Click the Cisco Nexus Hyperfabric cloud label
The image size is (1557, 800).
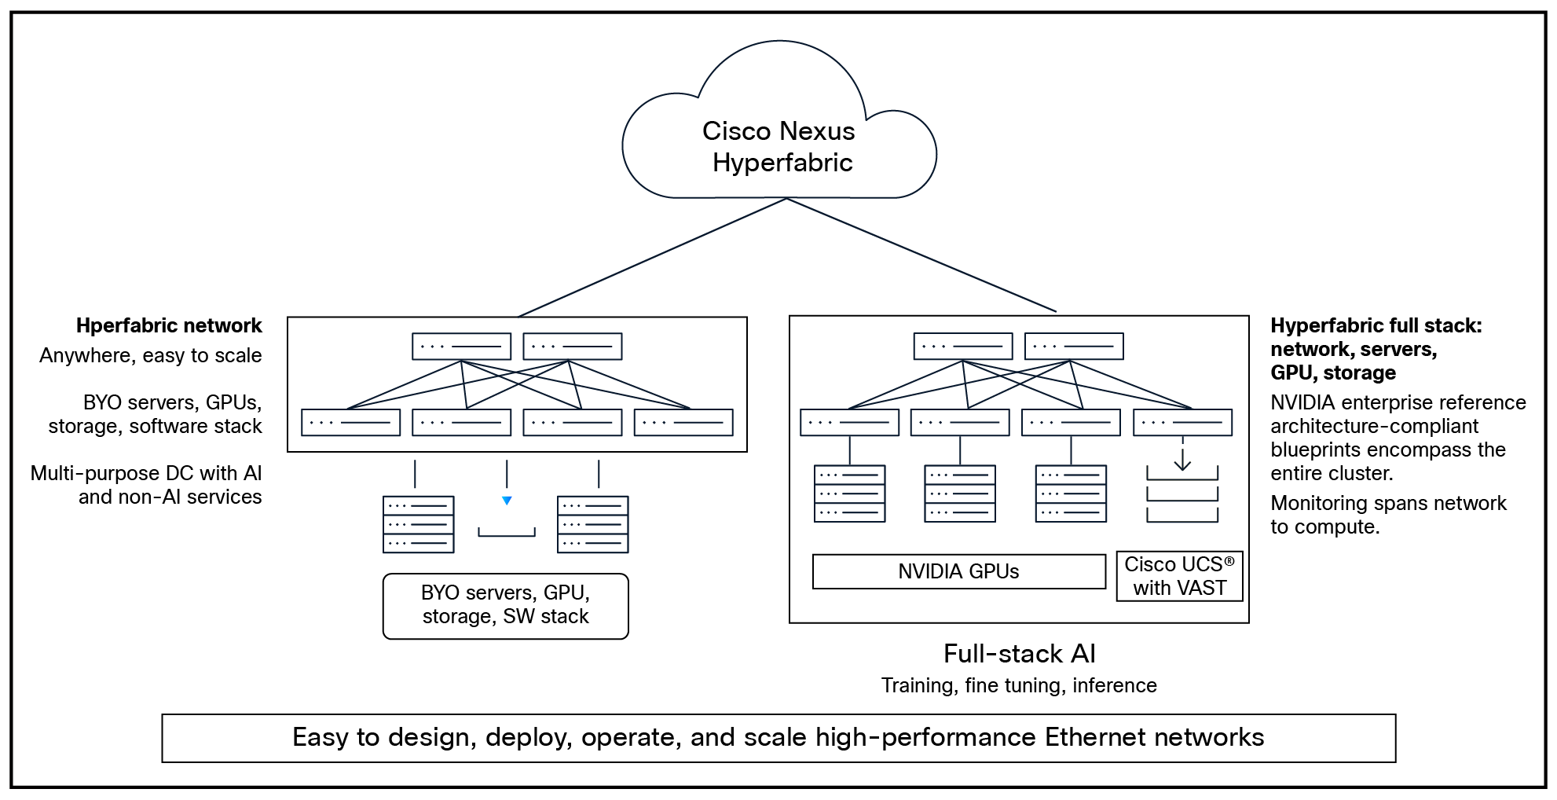point(779,147)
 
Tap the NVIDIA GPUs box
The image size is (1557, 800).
point(958,571)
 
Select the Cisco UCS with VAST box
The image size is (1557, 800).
point(1179,576)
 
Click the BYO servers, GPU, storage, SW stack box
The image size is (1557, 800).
point(505,605)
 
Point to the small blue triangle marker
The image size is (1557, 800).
point(507,501)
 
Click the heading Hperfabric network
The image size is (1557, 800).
point(169,325)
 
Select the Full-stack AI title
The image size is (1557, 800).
point(1019,654)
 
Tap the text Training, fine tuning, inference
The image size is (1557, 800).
point(1019,685)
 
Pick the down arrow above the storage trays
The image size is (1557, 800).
point(1182,457)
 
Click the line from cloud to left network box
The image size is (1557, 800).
point(652,258)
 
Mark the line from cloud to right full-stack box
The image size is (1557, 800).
point(921,255)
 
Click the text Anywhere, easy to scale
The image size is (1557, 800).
point(151,355)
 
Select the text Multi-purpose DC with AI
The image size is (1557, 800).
point(146,473)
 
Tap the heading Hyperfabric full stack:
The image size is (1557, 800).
point(1376,325)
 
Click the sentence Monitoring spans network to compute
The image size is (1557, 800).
point(1387,515)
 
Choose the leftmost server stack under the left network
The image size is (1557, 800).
point(418,524)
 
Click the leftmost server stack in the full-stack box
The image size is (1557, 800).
point(849,494)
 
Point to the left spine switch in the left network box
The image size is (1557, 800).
point(461,346)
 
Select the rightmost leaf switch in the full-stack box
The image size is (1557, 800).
point(1182,422)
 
